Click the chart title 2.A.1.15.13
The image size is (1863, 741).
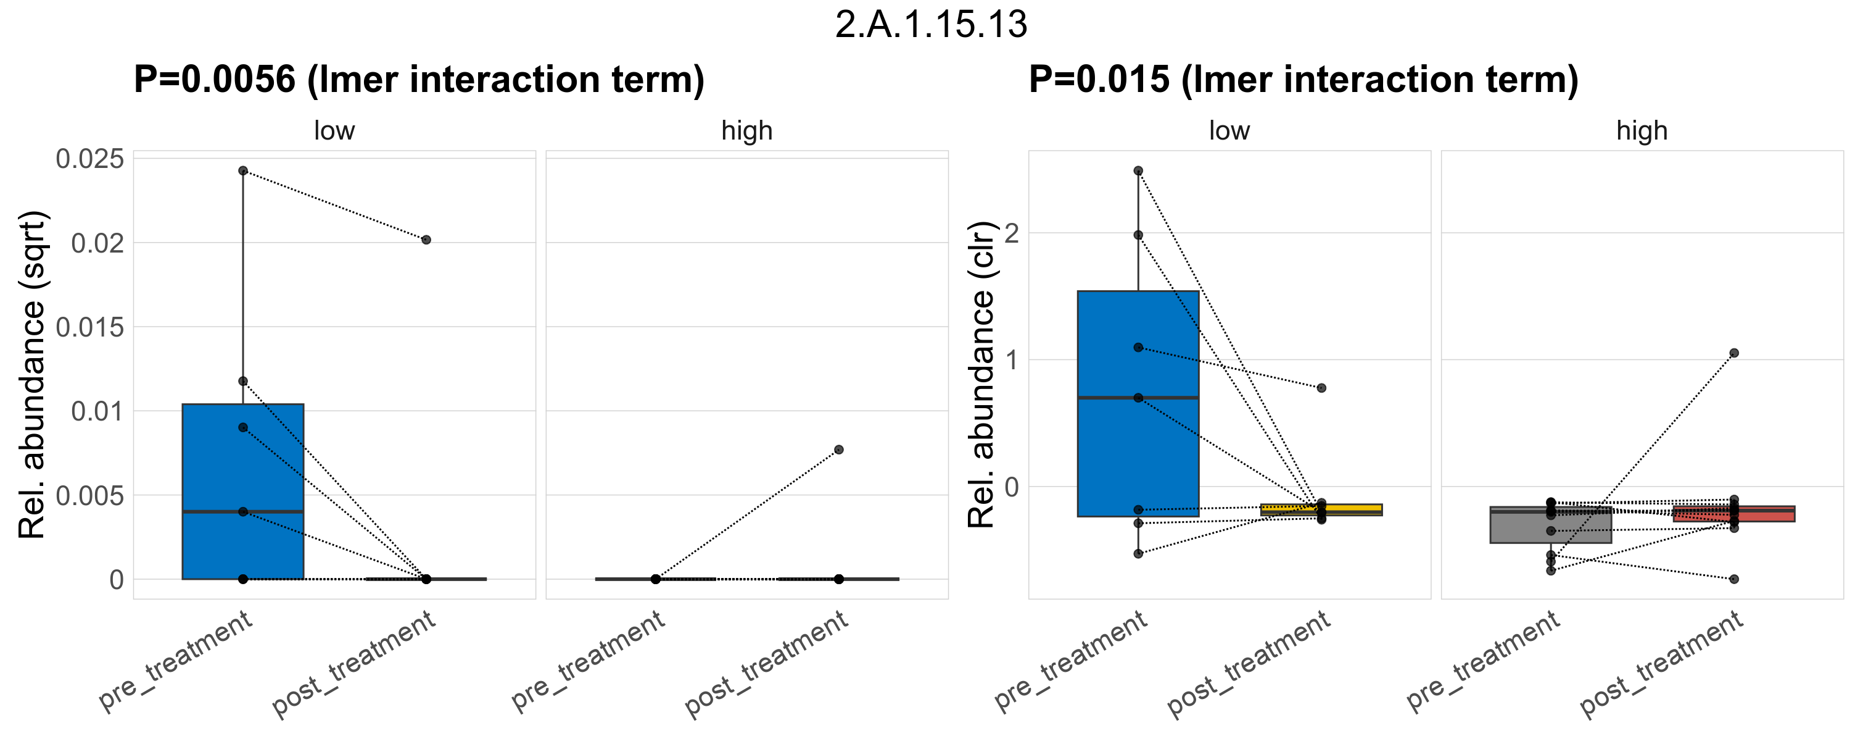click(x=931, y=25)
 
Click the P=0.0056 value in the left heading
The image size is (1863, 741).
click(x=215, y=79)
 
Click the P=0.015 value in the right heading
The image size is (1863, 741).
click(x=1099, y=79)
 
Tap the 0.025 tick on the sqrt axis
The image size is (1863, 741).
click(x=89, y=159)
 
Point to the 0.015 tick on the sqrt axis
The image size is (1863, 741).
click(x=89, y=327)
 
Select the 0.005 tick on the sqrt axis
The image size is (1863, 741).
click(x=89, y=496)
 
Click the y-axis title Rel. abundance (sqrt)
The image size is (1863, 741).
click(x=32, y=375)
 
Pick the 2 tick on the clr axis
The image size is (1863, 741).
click(x=1011, y=233)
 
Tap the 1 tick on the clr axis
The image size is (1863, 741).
click(x=1011, y=359)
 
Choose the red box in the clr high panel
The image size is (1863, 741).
click(x=1733, y=514)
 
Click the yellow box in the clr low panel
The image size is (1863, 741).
click(x=1321, y=509)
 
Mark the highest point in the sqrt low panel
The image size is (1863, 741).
click(x=243, y=171)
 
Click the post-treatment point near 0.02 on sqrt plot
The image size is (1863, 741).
click(x=426, y=240)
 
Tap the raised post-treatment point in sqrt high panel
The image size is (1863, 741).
click(x=839, y=450)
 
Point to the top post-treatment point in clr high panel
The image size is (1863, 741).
click(x=1733, y=353)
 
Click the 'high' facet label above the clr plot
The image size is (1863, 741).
click(x=1642, y=131)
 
